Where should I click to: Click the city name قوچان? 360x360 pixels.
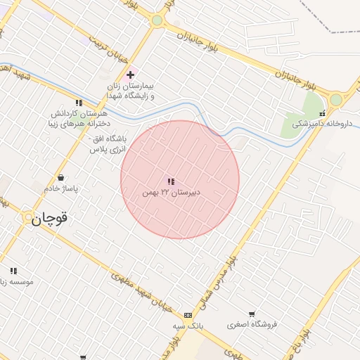tap(49, 218)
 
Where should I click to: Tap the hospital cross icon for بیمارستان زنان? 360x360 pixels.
tap(130, 75)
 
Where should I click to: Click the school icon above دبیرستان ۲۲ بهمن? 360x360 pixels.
tap(171, 182)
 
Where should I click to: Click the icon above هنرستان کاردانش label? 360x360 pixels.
tap(79, 103)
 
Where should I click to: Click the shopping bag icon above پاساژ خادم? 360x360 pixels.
tap(61, 178)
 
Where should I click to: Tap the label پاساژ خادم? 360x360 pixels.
tap(62, 188)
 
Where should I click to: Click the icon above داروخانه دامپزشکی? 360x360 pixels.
tap(322, 113)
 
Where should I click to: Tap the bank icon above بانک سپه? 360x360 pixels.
tap(188, 316)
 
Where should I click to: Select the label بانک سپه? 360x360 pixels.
tap(188, 326)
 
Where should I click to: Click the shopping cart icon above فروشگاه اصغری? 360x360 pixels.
tap(252, 314)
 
